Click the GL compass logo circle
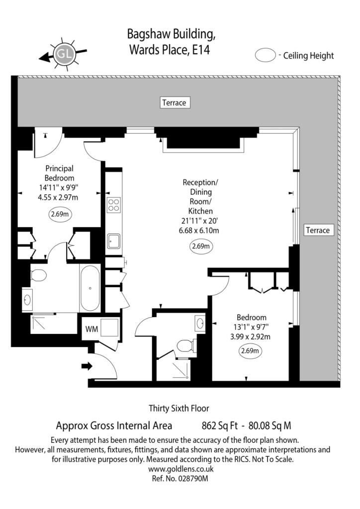(x=64, y=54)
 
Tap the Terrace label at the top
(x=175, y=102)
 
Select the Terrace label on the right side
(x=318, y=230)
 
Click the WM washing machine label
(x=91, y=329)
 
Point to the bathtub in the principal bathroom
(x=90, y=288)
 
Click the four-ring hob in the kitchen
(x=113, y=205)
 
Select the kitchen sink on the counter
(x=113, y=241)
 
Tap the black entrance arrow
(x=87, y=366)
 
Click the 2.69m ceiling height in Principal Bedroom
(x=60, y=214)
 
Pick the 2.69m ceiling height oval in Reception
(x=201, y=246)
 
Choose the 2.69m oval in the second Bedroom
(x=251, y=350)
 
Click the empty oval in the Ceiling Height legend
(x=265, y=55)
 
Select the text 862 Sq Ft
(x=220, y=425)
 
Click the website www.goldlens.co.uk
(x=181, y=469)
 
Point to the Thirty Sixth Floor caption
(x=179, y=409)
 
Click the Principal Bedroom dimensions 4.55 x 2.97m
(x=58, y=197)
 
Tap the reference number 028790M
(x=193, y=479)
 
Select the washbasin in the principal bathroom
(x=27, y=300)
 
